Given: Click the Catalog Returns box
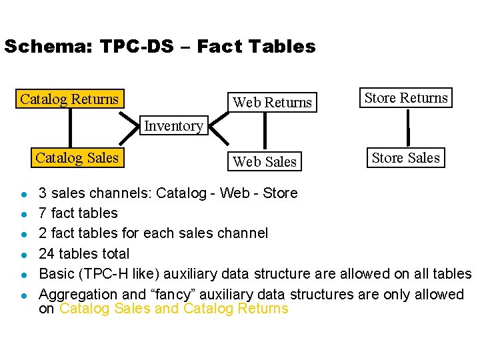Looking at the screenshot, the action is (x=69, y=99).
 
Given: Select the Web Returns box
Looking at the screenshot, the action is (x=271, y=103).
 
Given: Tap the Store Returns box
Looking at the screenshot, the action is (x=405, y=98).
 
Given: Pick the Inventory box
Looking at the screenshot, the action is (x=173, y=125).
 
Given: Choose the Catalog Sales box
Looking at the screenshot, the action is (x=77, y=158).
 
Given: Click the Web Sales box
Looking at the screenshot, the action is (x=265, y=161).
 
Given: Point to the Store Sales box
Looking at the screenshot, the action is (x=405, y=158).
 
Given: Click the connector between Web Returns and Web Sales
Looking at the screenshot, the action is (x=265, y=131).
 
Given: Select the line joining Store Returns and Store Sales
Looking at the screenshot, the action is (x=408, y=128).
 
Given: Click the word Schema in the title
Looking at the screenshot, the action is (x=47, y=47).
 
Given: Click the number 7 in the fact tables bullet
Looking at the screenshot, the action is (x=43, y=213).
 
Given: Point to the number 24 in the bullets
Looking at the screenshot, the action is (x=47, y=253).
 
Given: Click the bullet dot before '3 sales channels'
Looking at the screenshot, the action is (x=23, y=194).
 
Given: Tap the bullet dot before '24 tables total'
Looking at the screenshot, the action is (x=23, y=254).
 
